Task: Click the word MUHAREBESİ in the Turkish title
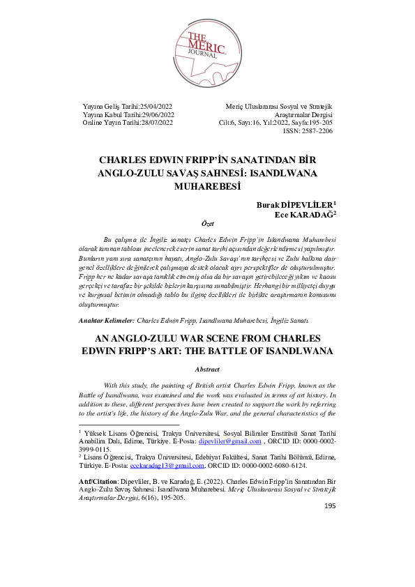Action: click(209, 186)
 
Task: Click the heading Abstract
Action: click(207, 369)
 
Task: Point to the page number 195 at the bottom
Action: click(331, 505)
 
